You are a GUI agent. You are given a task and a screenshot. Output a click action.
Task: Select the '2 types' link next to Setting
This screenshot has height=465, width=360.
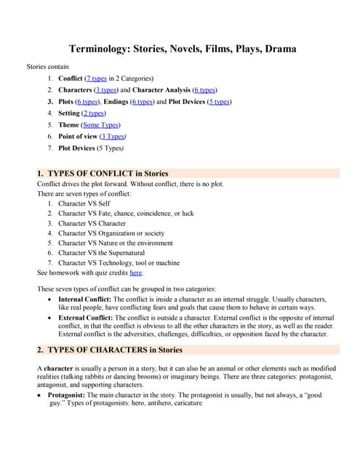(93, 113)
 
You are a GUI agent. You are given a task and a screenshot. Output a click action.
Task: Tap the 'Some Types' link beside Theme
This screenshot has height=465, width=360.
(101, 125)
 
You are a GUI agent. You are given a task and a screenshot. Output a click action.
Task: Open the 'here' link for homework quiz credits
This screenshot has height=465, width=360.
(136, 272)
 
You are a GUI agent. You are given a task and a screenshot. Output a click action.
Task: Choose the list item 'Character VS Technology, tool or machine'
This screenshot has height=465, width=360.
(119, 263)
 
